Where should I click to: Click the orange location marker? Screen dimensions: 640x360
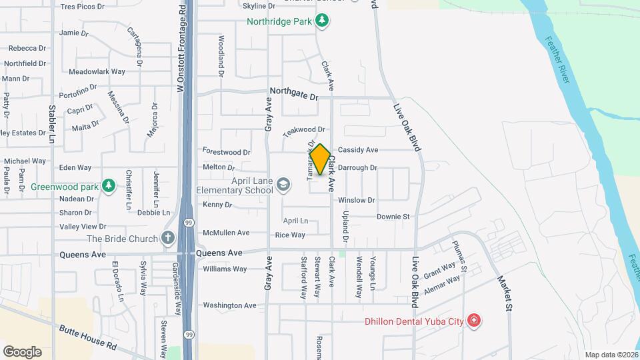click(320, 160)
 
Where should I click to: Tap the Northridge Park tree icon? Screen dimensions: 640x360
click(322, 21)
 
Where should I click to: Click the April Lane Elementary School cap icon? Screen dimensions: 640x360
click(284, 185)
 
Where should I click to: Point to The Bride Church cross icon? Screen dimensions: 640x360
click(168, 238)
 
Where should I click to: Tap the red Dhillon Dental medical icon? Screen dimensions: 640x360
click(474, 321)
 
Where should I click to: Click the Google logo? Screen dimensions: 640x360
click(22, 352)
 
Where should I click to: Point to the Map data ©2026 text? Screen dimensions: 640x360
click(611, 355)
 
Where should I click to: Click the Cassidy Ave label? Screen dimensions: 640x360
click(358, 150)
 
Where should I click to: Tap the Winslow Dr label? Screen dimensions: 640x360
click(357, 200)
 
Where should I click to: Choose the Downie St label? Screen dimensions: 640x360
click(393, 217)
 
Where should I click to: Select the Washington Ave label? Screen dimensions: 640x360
click(230, 305)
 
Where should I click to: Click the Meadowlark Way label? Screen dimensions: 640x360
click(97, 71)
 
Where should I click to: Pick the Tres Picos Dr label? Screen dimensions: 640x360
click(83, 7)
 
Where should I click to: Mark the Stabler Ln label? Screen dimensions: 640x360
click(52, 124)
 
